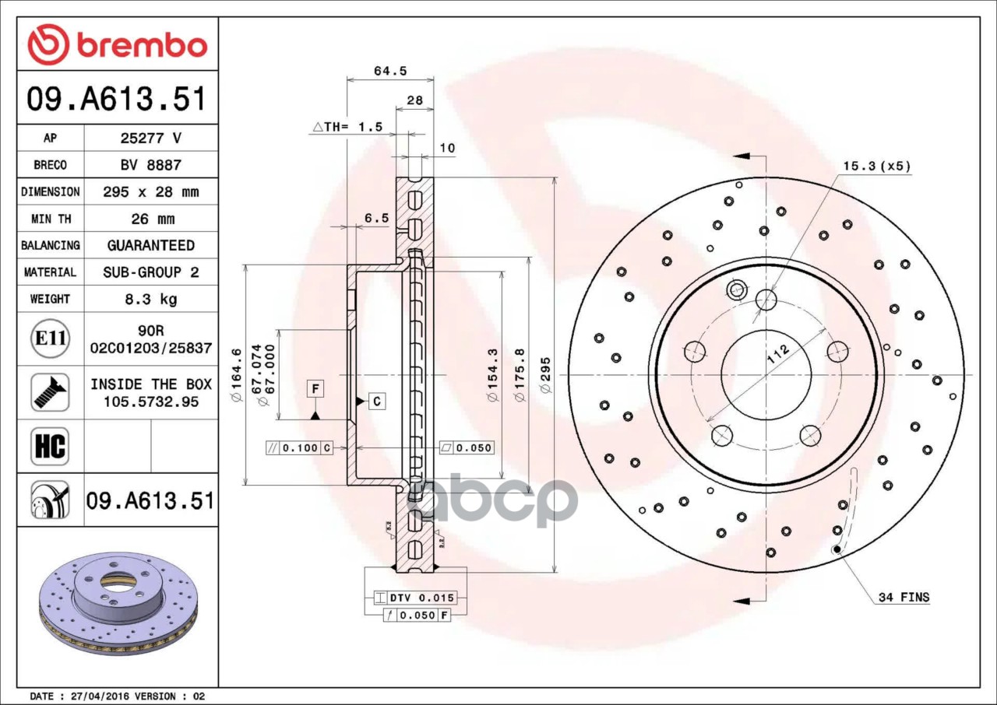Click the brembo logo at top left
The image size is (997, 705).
[117, 44]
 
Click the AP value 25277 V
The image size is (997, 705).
[151, 139]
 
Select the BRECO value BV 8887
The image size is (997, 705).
[151, 166]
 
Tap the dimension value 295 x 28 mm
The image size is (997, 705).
[151, 192]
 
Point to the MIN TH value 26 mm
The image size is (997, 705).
[153, 219]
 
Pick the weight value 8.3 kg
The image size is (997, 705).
[151, 299]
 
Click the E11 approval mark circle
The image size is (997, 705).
[51, 338]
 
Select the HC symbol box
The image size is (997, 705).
[50, 447]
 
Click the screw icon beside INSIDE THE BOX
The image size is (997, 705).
[51, 392]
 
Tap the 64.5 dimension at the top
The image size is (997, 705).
[390, 71]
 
